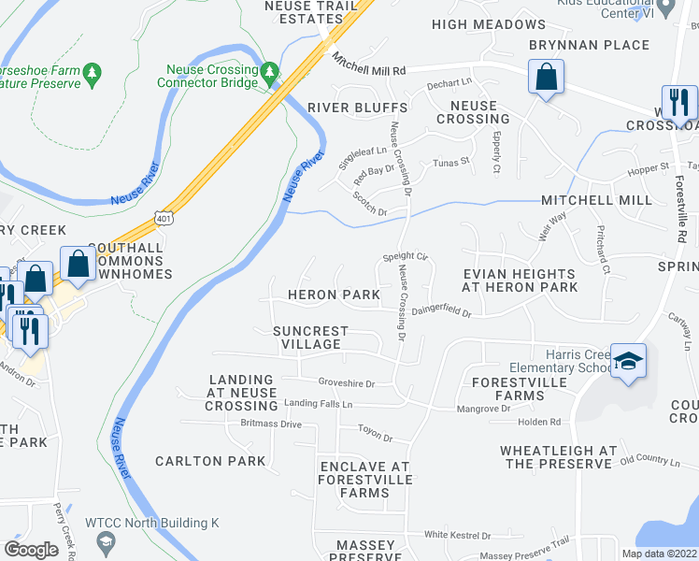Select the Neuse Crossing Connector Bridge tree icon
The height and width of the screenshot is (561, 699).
(270, 71)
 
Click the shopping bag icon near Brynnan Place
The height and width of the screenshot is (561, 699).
(546, 77)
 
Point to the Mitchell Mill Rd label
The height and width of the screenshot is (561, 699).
(369, 64)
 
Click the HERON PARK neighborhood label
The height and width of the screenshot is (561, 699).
(334, 295)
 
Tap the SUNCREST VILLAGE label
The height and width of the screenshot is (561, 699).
(310, 338)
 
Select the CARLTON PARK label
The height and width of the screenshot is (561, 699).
(210, 461)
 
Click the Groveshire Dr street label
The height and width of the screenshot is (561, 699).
(346, 382)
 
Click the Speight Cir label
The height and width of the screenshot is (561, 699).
(405, 256)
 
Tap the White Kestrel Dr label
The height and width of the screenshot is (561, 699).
(457, 536)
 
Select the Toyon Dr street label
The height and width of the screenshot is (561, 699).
(376, 437)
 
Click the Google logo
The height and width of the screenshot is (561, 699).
(32, 550)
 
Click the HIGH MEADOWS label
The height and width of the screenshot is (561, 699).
(489, 24)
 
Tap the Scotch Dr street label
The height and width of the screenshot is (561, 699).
(370, 204)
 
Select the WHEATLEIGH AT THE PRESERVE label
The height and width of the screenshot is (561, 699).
(558, 457)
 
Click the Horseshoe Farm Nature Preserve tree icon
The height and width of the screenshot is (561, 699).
(92, 72)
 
